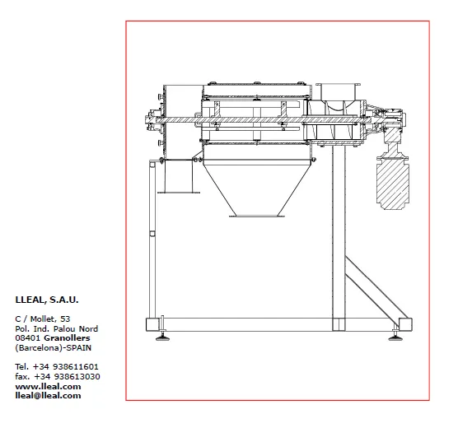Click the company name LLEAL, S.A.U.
[x=47, y=300]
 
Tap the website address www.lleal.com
[x=48, y=387]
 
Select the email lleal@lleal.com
[x=48, y=396]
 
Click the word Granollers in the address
[x=67, y=338]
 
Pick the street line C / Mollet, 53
[x=43, y=319]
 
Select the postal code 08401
[x=28, y=338]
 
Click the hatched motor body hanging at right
[x=393, y=185]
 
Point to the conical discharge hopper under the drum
[x=257, y=188]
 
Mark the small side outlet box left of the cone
[x=179, y=176]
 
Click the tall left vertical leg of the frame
[x=152, y=240]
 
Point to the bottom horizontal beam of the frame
[x=279, y=324]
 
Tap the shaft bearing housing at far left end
[x=152, y=119]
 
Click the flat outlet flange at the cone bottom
[x=257, y=216]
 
